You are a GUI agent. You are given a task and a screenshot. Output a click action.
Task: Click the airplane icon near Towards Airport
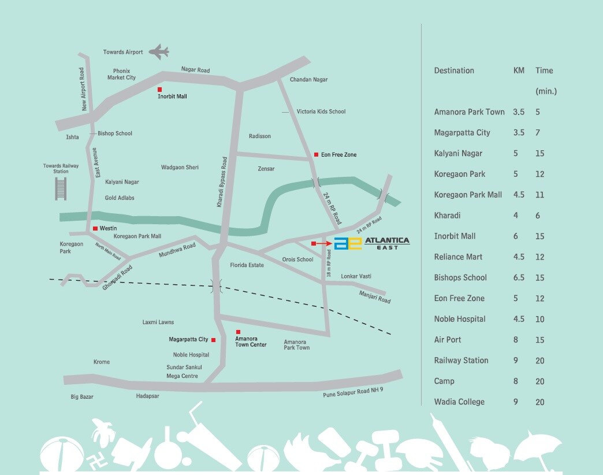[x=158, y=53]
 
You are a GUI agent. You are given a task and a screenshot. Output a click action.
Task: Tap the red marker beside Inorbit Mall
[x=160, y=90]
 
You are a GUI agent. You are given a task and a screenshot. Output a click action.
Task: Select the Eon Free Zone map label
[x=339, y=155]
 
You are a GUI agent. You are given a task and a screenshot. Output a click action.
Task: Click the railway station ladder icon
[x=61, y=188]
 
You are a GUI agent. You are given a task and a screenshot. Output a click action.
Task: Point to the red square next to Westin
[x=95, y=229]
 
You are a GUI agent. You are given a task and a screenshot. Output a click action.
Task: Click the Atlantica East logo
[x=373, y=243]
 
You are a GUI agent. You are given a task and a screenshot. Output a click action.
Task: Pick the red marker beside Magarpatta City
[x=213, y=340]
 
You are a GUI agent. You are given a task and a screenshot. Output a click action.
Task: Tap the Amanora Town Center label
[x=251, y=342]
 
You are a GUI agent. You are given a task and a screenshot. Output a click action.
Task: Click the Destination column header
[x=454, y=70]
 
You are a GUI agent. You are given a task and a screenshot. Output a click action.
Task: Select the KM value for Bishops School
[x=519, y=277]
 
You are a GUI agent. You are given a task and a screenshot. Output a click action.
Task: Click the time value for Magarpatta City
[x=538, y=132]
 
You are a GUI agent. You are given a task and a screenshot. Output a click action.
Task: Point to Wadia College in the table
[x=459, y=402]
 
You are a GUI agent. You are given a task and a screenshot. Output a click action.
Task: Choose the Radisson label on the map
[x=259, y=136]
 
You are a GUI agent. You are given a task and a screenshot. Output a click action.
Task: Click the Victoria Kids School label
[x=321, y=112]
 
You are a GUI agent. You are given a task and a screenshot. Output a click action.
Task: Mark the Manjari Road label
[x=375, y=298]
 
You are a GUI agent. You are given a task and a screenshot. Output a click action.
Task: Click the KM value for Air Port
[x=516, y=340]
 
